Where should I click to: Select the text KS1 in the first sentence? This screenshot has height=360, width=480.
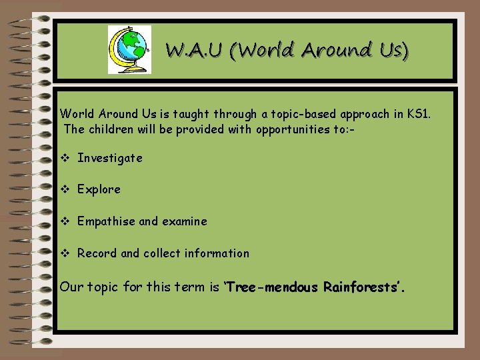point(420,114)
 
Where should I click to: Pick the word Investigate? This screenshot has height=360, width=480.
point(110,158)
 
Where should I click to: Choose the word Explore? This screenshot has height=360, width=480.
point(99,189)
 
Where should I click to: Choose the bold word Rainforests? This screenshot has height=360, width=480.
point(363,287)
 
